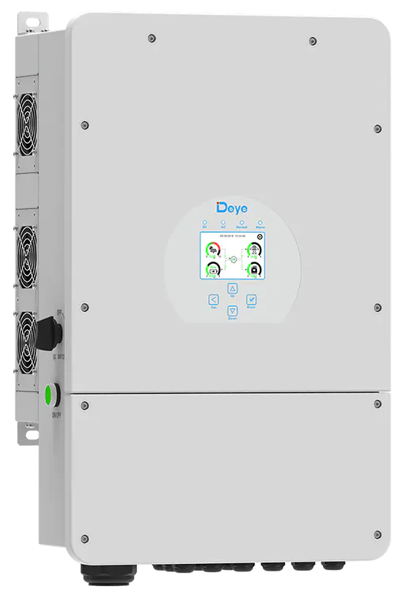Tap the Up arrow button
point(232,288)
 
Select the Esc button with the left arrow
point(213,300)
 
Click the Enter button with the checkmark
point(252,300)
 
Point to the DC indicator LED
point(204,222)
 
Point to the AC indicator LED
point(223,222)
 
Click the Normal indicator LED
point(241,222)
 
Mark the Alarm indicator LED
point(261,222)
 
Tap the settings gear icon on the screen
point(259,236)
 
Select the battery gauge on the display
point(213,270)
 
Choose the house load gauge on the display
point(253,270)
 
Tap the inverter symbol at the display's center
point(233,259)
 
